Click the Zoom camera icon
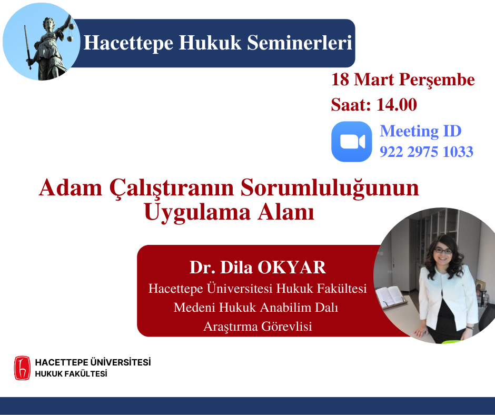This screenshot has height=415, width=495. (352, 142)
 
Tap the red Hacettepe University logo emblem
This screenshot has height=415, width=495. (22, 368)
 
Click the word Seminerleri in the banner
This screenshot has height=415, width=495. (299, 42)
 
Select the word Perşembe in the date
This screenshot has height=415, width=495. (437, 80)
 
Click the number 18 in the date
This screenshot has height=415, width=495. (340, 80)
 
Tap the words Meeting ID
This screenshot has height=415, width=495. (421, 131)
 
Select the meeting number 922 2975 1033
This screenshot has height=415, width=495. (427, 152)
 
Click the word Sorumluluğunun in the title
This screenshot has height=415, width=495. (330, 188)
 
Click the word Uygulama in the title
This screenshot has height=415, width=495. (197, 213)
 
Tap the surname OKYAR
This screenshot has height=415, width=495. (292, 267)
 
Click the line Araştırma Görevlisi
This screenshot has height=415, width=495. (258, 326)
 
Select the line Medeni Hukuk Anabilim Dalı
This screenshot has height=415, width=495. (256, 308)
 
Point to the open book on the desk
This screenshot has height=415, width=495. (390, 297)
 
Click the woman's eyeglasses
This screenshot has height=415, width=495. (443, 251)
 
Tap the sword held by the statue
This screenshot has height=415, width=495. (28, 47)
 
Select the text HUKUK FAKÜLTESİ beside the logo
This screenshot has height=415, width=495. (71, 373)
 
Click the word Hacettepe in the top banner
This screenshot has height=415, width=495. (128, 43)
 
